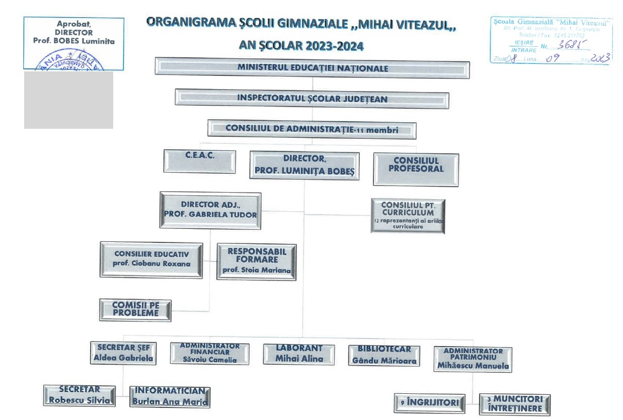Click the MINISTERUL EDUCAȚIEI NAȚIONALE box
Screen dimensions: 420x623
click(312, 68)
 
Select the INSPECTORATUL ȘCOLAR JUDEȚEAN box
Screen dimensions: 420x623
click(312, 99)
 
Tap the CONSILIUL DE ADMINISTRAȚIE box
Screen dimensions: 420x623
click(312, 129)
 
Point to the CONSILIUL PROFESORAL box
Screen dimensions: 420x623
click(416, 170)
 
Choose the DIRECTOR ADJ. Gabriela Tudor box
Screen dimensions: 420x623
click(210, 210)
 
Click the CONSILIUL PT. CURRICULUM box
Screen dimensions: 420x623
click(408, 215)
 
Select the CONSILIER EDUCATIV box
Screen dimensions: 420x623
click(151, 260)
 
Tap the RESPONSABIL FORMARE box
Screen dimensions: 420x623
click(257, 262)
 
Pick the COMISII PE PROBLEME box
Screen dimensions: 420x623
click(135, 310)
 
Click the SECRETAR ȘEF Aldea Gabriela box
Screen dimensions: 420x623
click(123, 353)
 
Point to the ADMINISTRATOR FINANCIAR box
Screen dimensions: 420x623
click(209, 353)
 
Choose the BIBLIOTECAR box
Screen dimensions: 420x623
click(384, 355)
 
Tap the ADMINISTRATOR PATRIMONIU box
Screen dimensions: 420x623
click(473, 359)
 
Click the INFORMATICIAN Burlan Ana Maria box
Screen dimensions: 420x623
click(170, 397)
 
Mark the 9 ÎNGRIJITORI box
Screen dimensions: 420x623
click(429, 402)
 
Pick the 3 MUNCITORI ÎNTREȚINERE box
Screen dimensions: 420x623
click(514, 404)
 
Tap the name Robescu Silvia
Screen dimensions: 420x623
click(79, 400)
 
